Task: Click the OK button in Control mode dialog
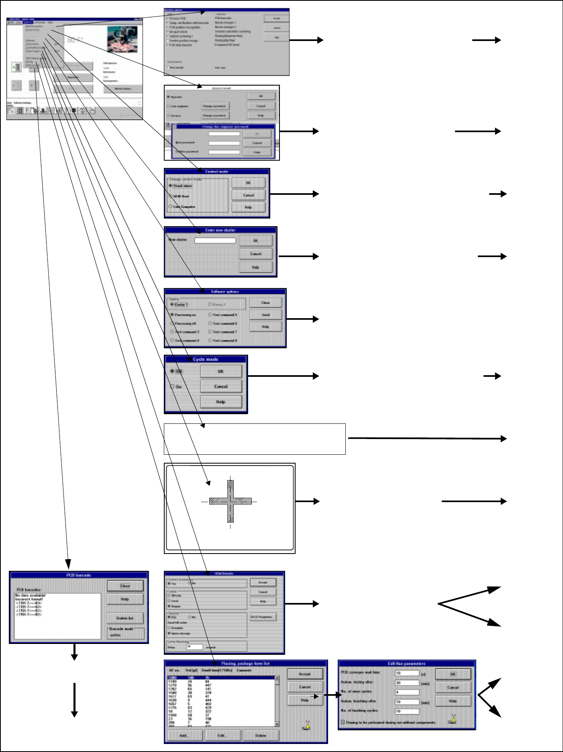tap(248, 183)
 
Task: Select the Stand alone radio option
tap(171, 186)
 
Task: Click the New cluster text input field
tap(215, 241)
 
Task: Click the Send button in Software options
tap(265, 315)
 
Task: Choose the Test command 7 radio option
tap(210, 332)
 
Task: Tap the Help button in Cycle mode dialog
tap(221, 402)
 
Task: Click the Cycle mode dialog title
tap(206, 359)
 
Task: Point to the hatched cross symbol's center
tap(231, 501)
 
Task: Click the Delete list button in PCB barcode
tap(125, 618)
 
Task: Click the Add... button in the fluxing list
tap(184, 736)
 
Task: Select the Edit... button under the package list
tap(222, 736)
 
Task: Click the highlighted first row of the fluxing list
tap(221, 678)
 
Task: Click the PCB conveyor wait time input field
tap(407, 673)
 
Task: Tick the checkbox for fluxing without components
tap(343, 722)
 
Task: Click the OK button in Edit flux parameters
tap(453, 674)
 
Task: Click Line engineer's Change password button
tap(215, 106)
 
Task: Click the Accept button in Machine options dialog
tap(276, 18)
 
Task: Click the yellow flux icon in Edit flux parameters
tap(453, 719)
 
